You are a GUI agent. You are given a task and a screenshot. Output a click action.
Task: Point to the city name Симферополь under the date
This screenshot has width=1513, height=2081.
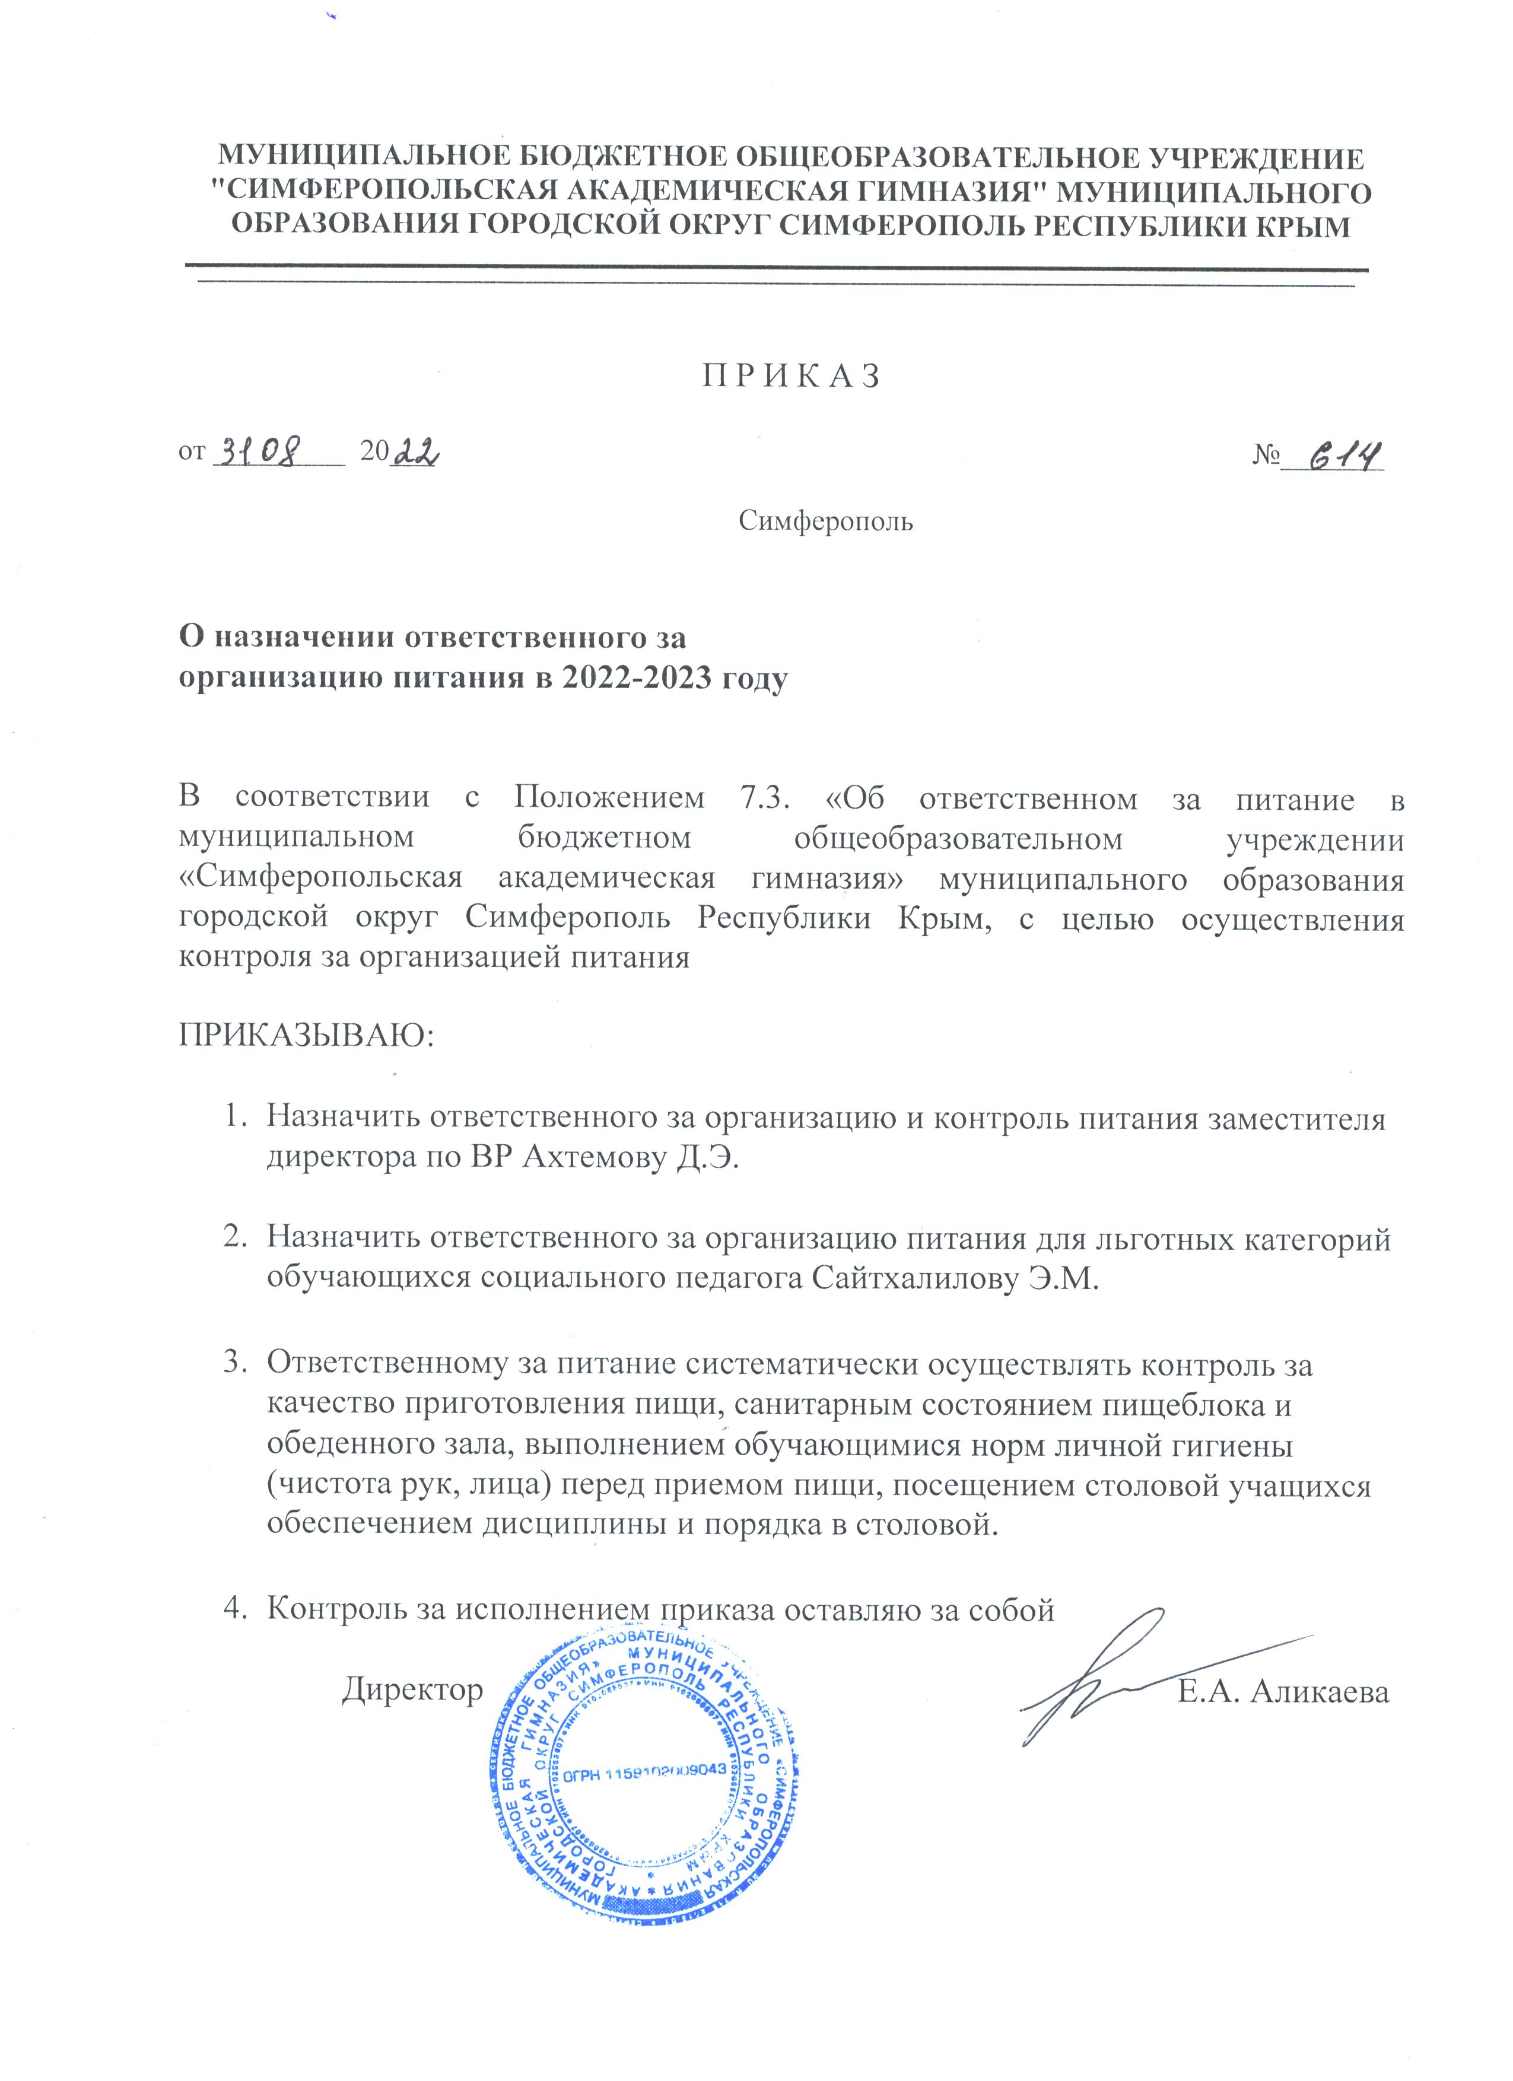pos(826,522)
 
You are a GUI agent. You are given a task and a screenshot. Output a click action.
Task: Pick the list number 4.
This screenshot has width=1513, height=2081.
pos(233,1608)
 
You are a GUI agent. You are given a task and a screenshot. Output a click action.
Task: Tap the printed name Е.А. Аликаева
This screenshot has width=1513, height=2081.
pos(1283,1691)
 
